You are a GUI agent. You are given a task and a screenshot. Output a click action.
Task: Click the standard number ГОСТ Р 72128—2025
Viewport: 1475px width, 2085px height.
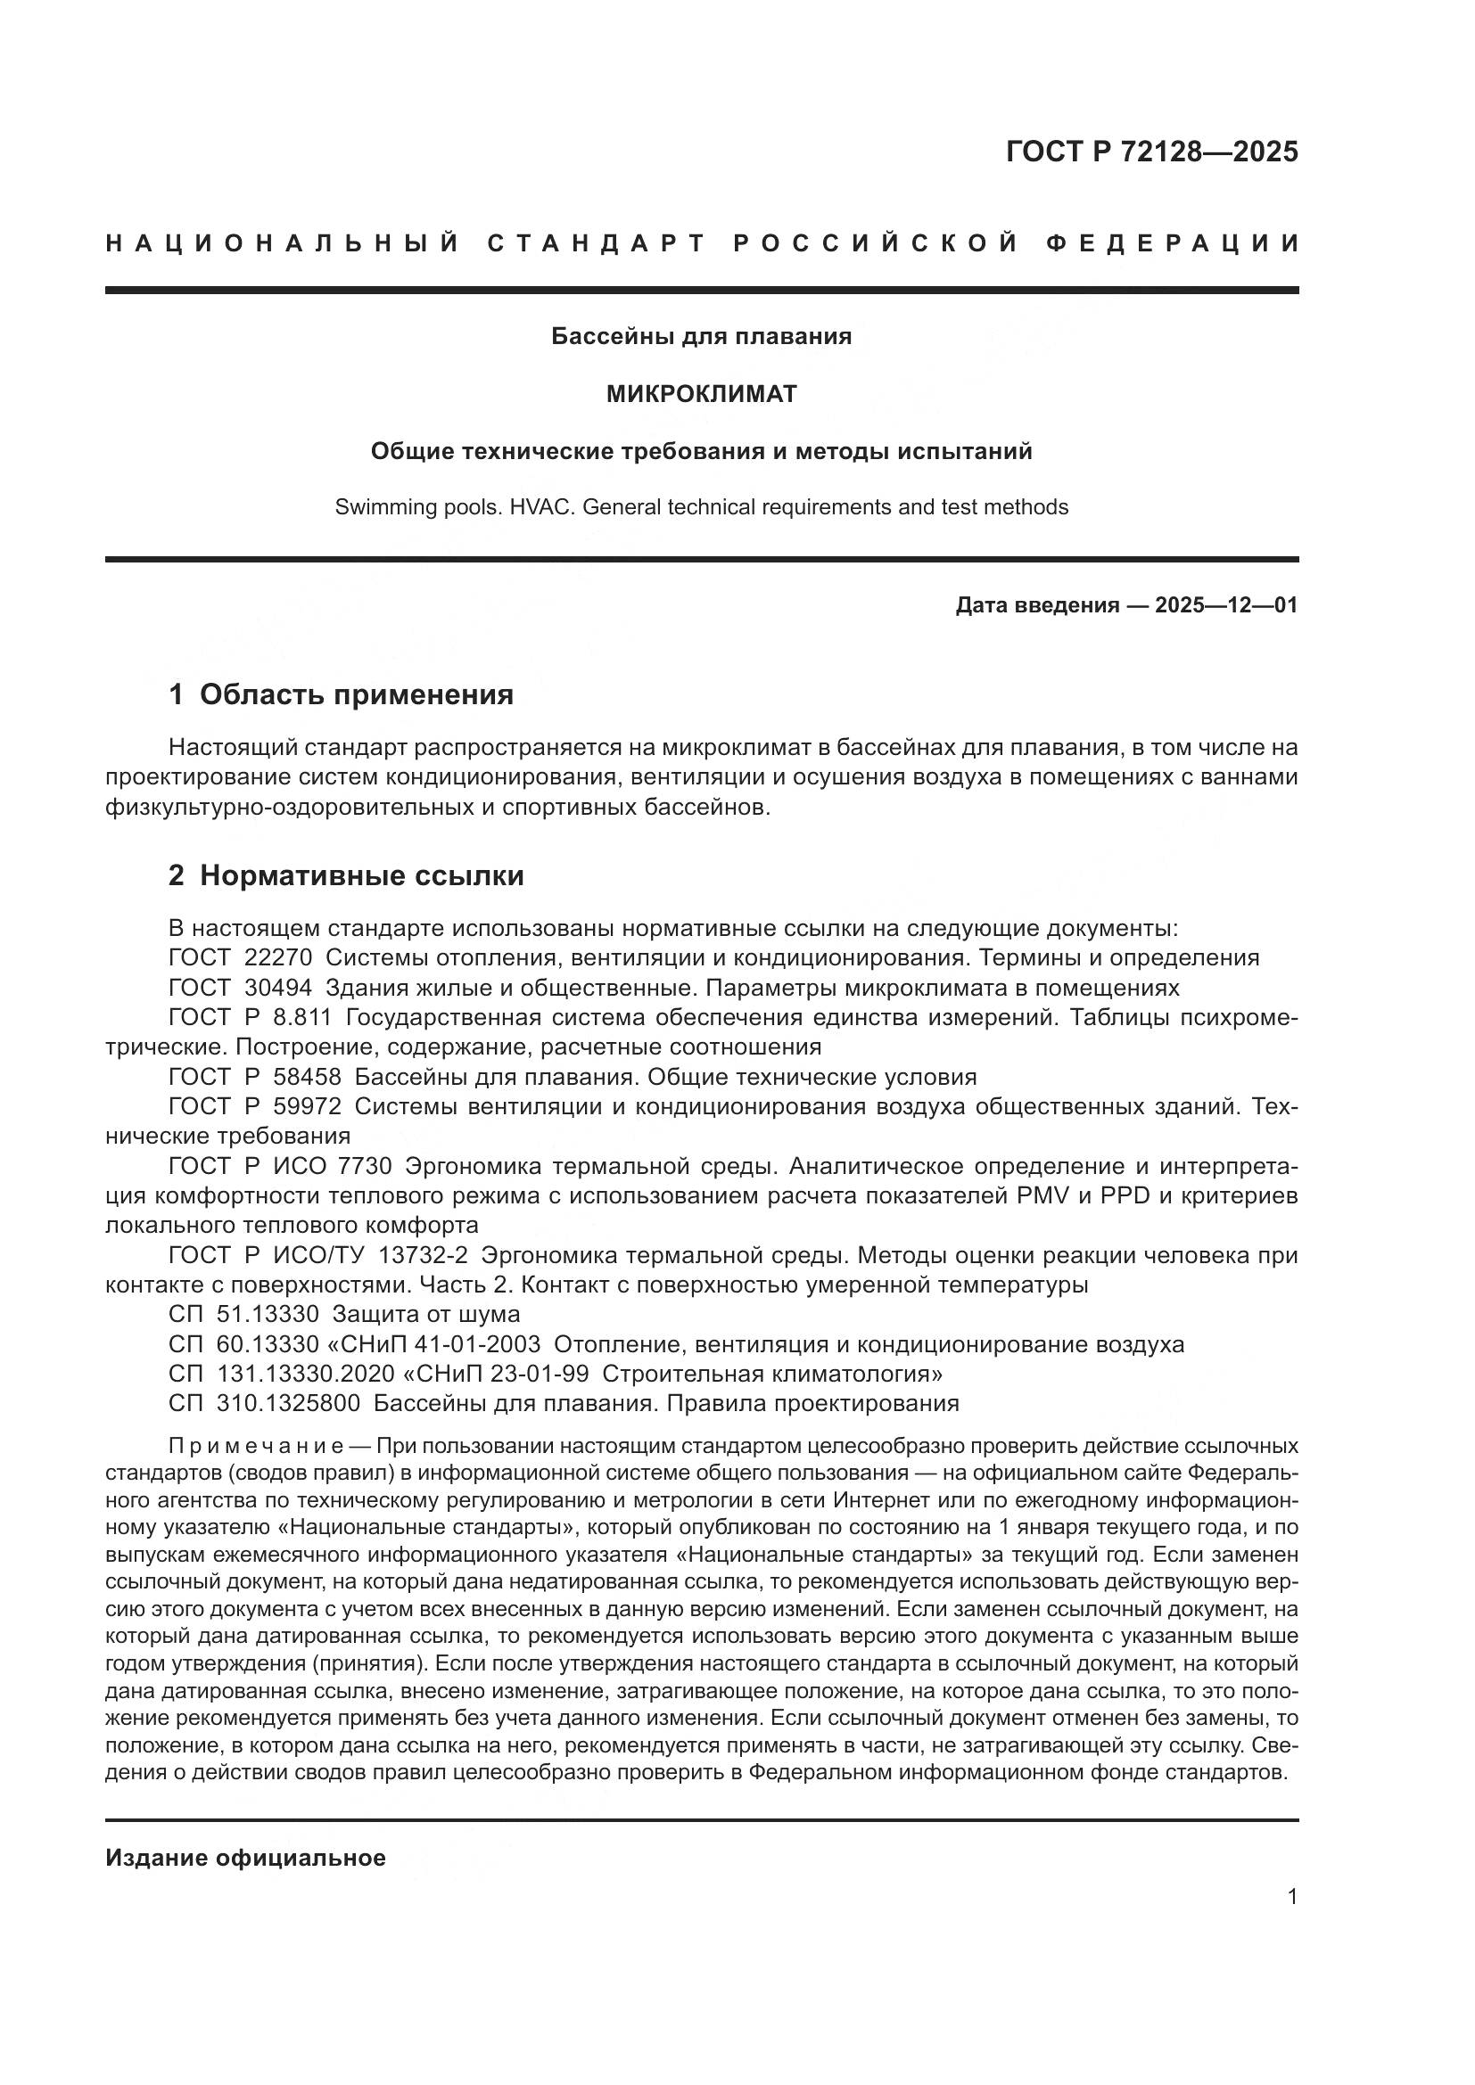pos(1151,152)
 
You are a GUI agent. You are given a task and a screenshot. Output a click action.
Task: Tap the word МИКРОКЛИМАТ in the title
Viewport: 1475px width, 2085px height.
pos(701,394)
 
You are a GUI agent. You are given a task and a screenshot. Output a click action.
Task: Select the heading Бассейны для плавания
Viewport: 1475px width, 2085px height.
pos(701,337)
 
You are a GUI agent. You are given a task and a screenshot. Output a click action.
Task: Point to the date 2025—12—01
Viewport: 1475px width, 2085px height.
pos(1226,605)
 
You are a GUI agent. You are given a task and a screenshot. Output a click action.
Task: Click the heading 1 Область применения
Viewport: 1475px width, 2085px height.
pos(342,694)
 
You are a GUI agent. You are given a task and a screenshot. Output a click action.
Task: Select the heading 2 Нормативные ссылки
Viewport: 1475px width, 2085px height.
pos(346,876)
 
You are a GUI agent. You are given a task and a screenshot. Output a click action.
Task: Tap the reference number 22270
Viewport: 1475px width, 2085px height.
pos(279,958)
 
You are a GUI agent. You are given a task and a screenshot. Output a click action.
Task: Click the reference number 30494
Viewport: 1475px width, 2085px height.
pos(279,988)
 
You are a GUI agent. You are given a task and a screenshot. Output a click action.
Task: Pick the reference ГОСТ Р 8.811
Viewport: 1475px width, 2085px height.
pos(250,1018)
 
